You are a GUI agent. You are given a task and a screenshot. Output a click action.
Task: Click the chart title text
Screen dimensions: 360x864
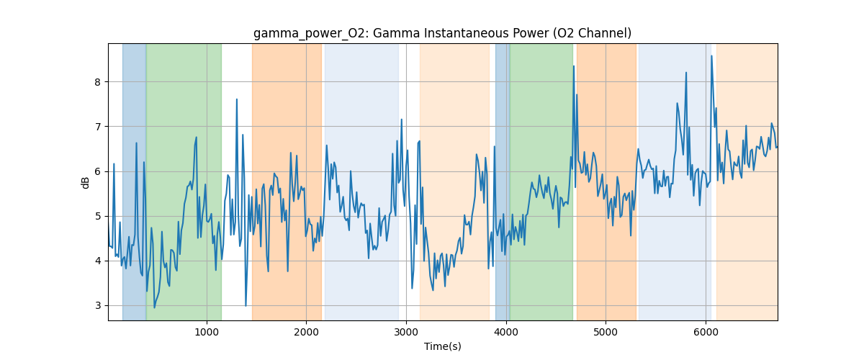442,33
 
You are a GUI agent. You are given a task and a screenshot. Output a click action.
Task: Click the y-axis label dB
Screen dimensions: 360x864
85,182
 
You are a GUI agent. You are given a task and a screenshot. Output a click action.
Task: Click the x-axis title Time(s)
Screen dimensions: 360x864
442,346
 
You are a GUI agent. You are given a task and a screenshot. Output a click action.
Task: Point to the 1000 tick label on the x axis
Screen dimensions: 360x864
207,332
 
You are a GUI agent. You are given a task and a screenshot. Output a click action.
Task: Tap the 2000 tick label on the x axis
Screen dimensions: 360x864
306,332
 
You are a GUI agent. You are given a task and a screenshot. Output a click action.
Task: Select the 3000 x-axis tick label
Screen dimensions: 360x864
406,332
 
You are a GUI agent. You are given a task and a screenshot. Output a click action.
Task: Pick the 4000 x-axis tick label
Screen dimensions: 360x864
506,332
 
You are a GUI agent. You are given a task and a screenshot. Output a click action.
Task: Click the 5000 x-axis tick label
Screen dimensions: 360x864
606,332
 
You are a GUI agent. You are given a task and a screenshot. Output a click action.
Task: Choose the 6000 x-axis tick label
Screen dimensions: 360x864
706,332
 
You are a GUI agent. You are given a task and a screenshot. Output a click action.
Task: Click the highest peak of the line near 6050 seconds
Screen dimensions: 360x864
711,56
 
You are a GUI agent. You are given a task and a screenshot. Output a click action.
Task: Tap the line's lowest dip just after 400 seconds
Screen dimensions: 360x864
154,307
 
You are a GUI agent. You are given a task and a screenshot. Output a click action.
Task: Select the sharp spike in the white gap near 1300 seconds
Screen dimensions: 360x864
236,100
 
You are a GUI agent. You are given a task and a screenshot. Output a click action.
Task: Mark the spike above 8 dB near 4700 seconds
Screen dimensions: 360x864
574,66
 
